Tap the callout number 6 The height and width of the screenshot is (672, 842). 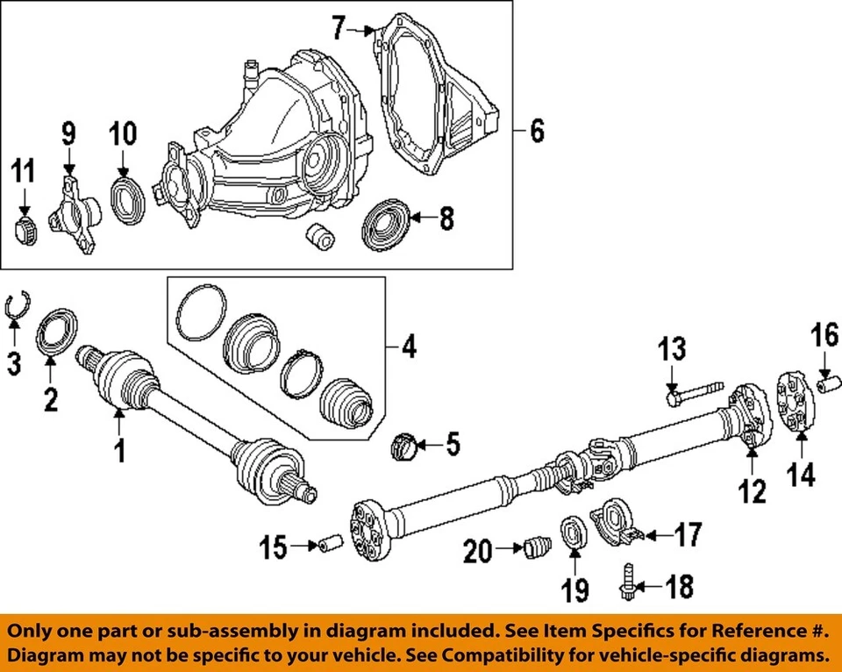point(535,132)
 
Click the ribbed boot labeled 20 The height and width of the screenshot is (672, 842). point(534,548)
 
